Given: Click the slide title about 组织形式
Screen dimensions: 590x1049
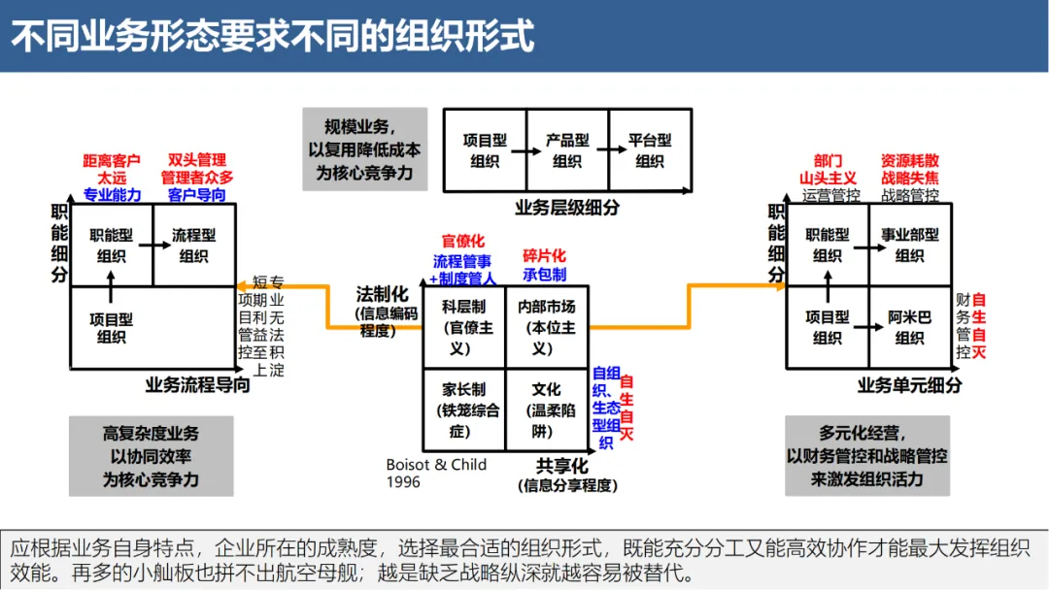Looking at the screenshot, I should point(273,36).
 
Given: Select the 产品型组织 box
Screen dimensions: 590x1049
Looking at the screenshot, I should point(567,150).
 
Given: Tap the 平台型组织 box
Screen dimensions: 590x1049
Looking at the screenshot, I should point(650,150).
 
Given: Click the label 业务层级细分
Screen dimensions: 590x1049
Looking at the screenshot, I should point(567,207).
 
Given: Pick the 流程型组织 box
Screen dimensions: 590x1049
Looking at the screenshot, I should point(193,246).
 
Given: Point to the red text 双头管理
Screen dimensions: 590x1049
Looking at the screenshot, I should point(197,160).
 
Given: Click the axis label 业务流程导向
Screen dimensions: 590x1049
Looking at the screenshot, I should point(197,385).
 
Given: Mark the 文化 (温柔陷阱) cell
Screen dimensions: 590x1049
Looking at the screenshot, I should point(546,410).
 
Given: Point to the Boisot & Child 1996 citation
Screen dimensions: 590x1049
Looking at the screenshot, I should point(436,473).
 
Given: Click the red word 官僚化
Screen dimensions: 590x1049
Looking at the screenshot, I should point(462,241).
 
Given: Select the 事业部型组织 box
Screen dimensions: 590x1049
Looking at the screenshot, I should point(910,246).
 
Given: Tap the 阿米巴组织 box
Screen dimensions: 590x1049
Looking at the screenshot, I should point(910,327).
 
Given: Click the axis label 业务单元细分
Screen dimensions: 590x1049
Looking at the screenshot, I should point(909,385).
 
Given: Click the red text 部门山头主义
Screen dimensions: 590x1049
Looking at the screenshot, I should point(828,169).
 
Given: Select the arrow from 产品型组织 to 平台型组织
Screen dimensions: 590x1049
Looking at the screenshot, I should point(608,150).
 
